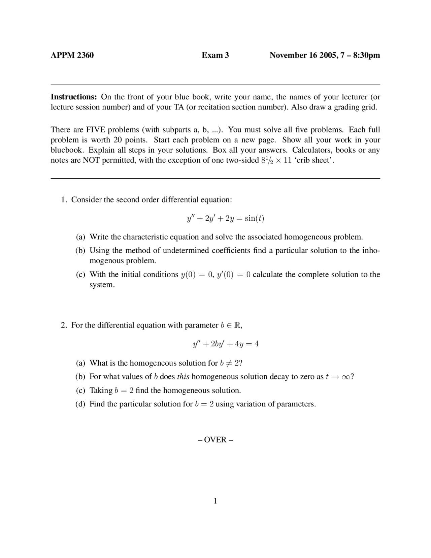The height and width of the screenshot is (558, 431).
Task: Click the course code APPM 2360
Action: [x=72, y=55]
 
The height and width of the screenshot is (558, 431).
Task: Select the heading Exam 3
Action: [x=215, y=55]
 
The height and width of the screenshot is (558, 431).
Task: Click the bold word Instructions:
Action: [x=74, y=97]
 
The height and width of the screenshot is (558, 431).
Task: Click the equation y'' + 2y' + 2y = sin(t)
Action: [x=225, y=218]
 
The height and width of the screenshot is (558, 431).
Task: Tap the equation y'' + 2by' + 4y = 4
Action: [x=225, y=344]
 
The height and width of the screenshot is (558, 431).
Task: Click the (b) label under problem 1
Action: [x=80, y=251]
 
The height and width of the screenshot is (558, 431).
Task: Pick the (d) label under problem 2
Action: [x=80, y=404]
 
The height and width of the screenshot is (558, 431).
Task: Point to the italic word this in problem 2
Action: [x=183, y=377]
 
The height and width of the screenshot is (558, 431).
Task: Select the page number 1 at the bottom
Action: [x=215, y=501]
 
